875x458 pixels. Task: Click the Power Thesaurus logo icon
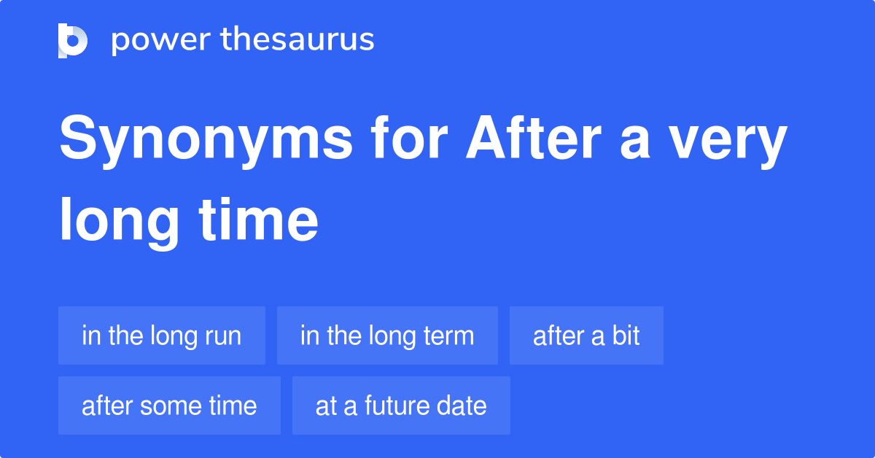pyautogui.click(x=73, y=40)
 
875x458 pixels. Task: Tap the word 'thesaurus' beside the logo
pyautogui.click(x=297, y=40)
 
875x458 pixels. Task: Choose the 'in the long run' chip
pyautogui.click(x=161, y=335)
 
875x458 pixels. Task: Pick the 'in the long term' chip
pyautogui.click(x=387, y=335)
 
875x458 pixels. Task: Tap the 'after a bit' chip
pyautogui.click(x=586, y=335)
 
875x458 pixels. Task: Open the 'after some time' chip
pyautogui.click(x=169, y=405)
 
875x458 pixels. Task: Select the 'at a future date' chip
pyautogui.click(x=401, y=405)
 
